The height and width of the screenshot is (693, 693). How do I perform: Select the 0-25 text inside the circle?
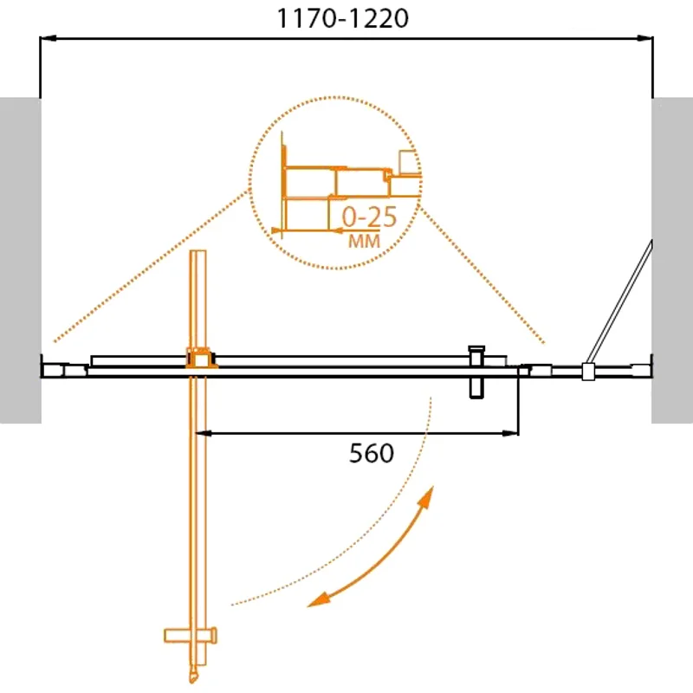[369, 217]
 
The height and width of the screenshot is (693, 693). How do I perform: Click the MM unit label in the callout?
[364, 242]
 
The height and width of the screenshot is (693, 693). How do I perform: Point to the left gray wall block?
[20, 260]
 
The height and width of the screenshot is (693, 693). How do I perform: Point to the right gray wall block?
[672, 260]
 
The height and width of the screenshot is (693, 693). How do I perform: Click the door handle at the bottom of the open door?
[191, 638]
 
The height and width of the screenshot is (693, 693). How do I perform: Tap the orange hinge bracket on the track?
[199, 358]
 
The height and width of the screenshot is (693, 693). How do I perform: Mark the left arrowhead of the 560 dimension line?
[204, 431]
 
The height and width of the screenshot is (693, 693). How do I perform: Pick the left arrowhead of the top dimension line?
[49, 37]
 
